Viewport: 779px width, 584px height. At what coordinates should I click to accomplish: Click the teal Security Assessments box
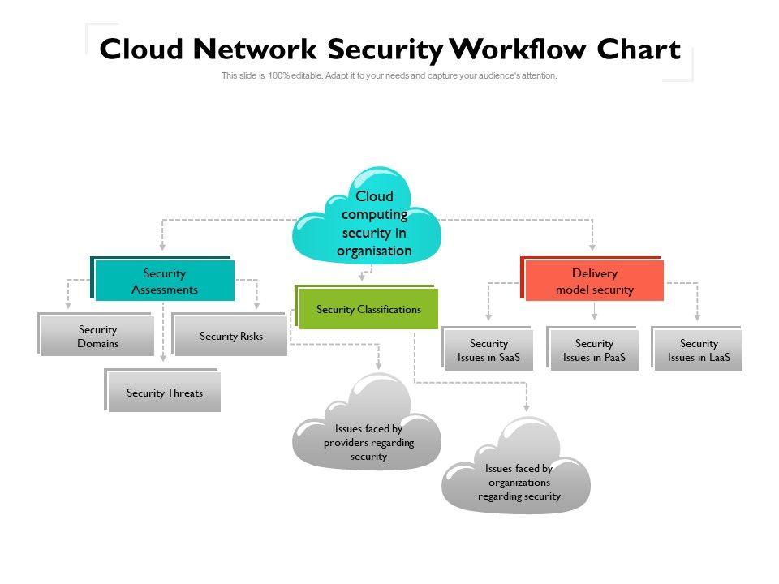(x=164, y=281)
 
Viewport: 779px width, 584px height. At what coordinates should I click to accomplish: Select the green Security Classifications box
(x=368, y=309)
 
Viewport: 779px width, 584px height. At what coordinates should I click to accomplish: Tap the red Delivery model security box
(x=594, y=281)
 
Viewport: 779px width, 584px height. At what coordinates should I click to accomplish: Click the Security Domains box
(x=97, y=337)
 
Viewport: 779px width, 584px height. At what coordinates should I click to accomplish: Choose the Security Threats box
(x=164, y=393)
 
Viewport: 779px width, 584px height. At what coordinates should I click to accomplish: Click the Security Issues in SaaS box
(x=488, y=350)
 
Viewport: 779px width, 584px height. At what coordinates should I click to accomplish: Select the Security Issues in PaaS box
(x=594, y=350)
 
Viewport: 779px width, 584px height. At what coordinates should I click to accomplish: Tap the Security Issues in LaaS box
(x=699, y=350)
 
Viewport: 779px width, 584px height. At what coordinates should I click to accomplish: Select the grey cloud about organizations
(x=518, y=474)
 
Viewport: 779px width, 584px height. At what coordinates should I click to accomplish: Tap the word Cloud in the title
(x=143, y=50)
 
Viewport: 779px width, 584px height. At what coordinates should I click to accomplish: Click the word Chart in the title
(x=639, y=50)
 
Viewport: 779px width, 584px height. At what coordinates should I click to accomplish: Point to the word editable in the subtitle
(x=301, y=76)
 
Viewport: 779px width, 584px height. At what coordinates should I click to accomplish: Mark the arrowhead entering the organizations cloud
(x=526, y=406)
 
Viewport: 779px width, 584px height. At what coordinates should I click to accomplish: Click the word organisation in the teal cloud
(x=374, y=251)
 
